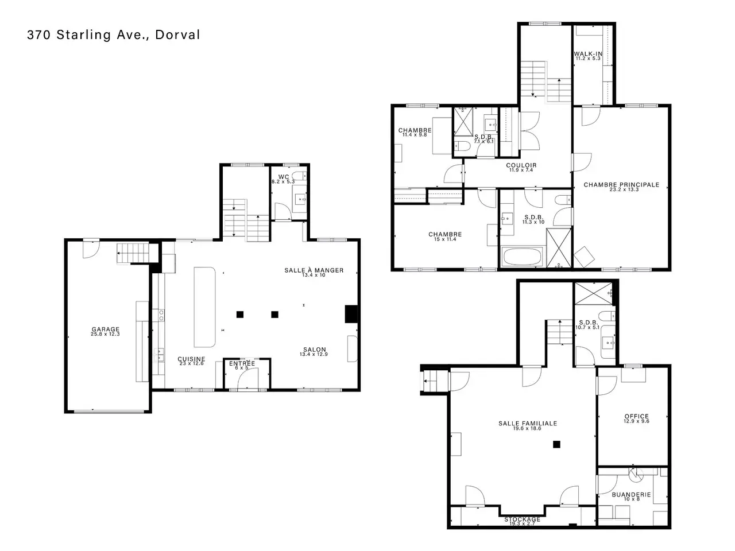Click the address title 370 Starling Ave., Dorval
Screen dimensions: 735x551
[114, 35]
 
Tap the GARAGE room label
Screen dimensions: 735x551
[106, 329]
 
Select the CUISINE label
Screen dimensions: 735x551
[191, 359]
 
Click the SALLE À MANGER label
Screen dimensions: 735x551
[314, 270]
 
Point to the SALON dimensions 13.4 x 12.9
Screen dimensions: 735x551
[314, 354]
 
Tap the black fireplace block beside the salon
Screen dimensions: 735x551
[351, 314]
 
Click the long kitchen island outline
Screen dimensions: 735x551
[204, 306]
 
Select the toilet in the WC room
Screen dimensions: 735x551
[299, 176]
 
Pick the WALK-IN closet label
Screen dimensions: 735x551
[588, 53]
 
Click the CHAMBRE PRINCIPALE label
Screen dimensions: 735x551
[621, 185]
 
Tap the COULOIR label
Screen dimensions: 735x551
[521, 165]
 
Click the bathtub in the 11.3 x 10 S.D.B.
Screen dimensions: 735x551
[522, 257]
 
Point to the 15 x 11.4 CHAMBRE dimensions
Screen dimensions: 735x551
[445, 239]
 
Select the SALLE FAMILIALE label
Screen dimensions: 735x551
[528, 423]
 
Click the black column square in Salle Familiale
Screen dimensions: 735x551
[556, 444]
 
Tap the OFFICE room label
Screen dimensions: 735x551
[636, 417]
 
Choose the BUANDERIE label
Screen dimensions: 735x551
[631, 494]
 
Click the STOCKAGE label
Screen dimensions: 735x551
[522, 519]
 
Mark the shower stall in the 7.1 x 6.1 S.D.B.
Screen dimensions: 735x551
[463, 122]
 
